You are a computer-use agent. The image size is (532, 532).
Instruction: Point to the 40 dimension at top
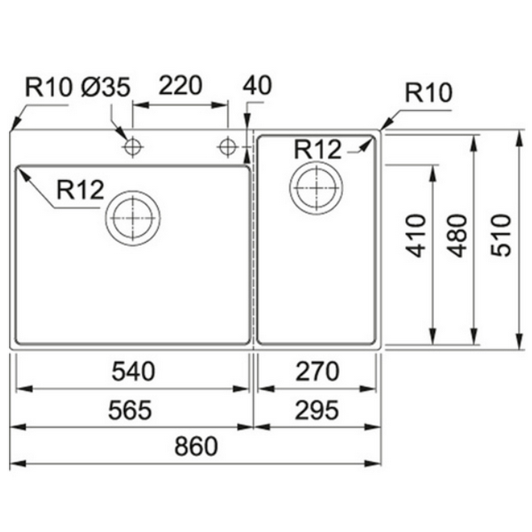[256, 86]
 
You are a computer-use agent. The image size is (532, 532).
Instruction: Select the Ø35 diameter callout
[106, 87]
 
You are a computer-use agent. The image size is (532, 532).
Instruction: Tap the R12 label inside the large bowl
[80, 190]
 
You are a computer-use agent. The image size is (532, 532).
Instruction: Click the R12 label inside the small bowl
[317, 149]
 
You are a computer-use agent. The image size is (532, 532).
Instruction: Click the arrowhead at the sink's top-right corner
[384, 129]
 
